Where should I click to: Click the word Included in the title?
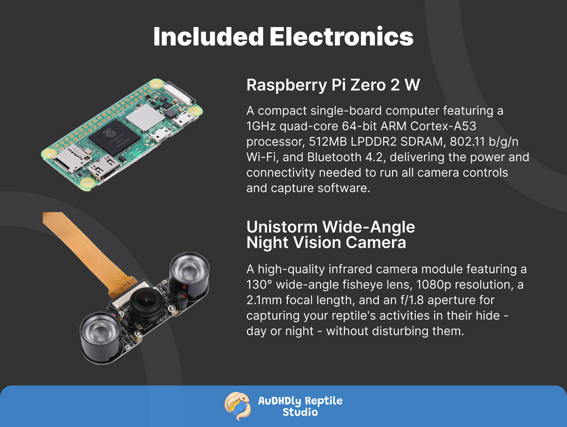click(x=208, y=37)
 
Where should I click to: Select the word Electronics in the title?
click(x=341, y=37)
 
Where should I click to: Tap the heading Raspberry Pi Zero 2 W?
click(x=333, y=85)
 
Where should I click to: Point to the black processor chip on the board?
click(x=115, y=137)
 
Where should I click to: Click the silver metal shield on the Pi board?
click(x=146, y=117)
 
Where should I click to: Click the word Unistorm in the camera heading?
click(x=282, y=227)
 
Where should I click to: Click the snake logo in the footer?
click(x=238, y=406)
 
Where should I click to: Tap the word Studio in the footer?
click(x=300, y=412)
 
